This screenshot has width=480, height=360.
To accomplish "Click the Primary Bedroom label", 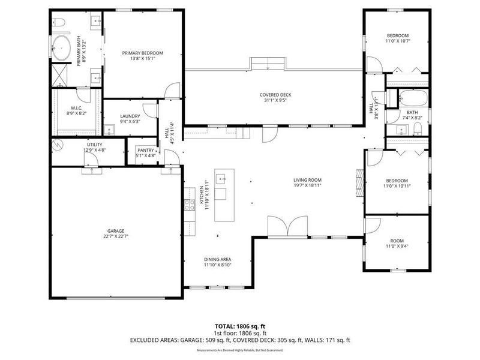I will point(142,53).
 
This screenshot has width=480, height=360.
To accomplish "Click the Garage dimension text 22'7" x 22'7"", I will point(116,236).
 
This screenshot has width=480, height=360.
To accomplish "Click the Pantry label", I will point(146,150).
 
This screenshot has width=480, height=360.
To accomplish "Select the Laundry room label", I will point(130,116).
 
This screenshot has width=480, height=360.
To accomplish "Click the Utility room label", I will point(94,145).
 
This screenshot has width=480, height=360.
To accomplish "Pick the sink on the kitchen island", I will point(221,178).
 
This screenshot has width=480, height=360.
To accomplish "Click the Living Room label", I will point(307,180).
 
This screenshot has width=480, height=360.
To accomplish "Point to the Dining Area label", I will point(217,259).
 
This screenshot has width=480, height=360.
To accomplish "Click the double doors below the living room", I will point(288,227).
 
